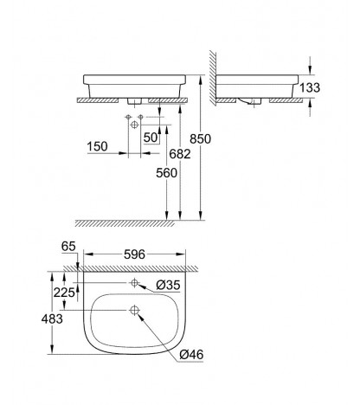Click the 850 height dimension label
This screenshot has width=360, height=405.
click(200, 139)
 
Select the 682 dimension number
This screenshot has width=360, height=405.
click(180, 154)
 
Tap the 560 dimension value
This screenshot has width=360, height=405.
click(166, 173)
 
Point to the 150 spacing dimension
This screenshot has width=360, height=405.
click(97, 146)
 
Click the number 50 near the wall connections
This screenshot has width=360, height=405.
click(151, 138)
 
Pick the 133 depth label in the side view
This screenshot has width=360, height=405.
click(310, 87)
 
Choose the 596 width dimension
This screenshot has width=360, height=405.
click(134, 254)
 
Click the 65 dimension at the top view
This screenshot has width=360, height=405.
click(68, 247)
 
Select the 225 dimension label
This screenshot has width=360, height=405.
click(64, 292)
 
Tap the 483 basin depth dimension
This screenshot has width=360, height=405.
click(52, 318)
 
